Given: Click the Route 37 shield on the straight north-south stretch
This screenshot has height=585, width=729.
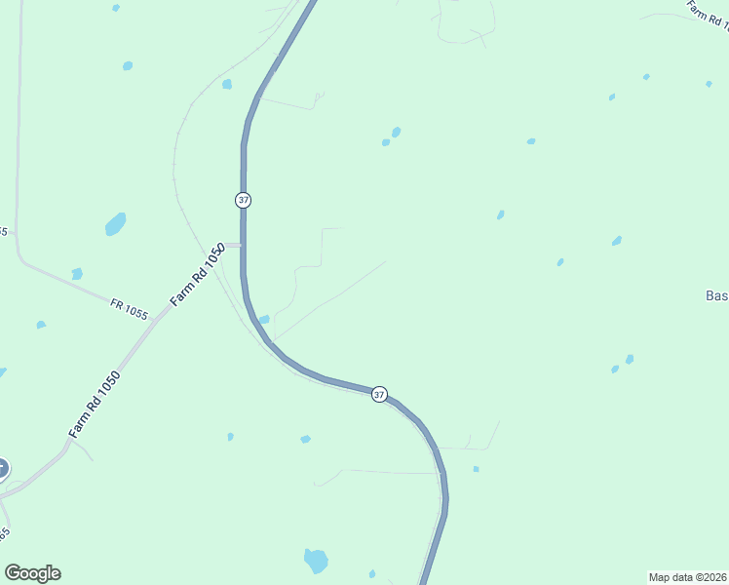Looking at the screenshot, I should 243,200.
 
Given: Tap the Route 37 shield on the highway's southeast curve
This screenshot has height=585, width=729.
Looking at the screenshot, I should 379,394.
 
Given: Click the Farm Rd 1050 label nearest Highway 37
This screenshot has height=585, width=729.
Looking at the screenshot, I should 198,276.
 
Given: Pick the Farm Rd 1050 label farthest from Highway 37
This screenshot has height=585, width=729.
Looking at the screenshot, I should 95,404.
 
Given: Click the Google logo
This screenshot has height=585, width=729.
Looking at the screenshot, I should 33,573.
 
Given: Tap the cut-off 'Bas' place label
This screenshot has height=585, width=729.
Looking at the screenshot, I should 716,295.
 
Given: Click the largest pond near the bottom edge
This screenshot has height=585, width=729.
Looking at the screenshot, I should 316,561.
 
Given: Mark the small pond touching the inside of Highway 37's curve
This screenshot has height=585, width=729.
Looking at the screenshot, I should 264,319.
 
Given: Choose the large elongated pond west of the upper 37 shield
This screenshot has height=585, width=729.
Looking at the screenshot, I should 116,224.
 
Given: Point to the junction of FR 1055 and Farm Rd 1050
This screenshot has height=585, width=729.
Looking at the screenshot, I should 154,319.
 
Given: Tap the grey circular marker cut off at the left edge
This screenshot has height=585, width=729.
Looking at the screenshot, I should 2,469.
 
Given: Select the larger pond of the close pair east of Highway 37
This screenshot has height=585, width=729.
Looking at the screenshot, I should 396,132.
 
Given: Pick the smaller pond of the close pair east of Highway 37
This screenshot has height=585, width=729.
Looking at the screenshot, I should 386,142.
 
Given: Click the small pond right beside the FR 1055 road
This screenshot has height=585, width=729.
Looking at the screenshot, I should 77,274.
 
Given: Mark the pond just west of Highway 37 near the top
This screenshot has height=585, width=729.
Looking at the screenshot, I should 227,84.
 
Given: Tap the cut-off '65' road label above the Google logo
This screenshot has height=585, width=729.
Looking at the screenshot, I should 4,533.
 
